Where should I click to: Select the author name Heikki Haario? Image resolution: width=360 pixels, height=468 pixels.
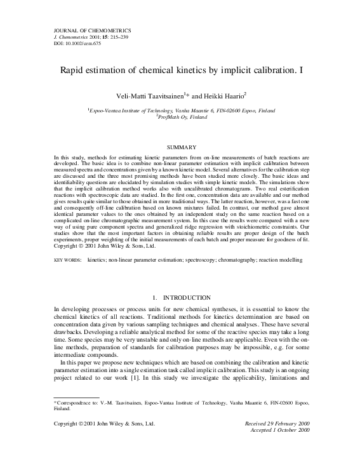[225, 95]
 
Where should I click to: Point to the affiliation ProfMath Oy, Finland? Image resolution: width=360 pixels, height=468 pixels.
[180, 117]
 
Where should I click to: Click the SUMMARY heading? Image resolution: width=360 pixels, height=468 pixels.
[180, 147]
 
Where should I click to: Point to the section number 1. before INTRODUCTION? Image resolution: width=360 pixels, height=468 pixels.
[155, 297]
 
